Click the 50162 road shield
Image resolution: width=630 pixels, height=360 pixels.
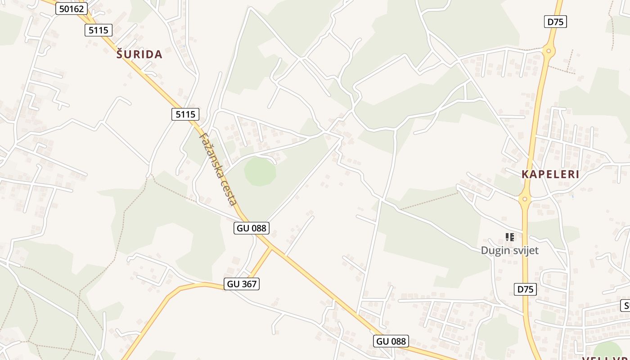(72, 9)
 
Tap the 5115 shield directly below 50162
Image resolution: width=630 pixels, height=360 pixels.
(98, 30)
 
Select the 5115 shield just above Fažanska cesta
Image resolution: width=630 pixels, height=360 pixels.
(185, 114)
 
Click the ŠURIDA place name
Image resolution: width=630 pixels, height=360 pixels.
(139, 54)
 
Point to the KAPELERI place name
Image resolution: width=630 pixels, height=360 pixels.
(550, 175)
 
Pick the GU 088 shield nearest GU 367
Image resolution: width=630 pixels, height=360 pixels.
(252, 228)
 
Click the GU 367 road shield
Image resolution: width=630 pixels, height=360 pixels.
(242, 284)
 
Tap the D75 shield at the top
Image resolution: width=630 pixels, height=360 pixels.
(555, 22)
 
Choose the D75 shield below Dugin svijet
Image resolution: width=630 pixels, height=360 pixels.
(525, 289)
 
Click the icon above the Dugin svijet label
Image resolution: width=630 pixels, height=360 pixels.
(509, 237)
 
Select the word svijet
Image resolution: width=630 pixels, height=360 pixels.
(525, 251)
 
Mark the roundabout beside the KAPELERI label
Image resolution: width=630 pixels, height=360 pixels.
(525, 198)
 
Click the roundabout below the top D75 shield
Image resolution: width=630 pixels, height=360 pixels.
(548, 50)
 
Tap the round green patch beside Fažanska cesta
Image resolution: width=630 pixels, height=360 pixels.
(260, 171)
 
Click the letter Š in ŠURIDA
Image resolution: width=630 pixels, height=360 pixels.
(120, 54)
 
